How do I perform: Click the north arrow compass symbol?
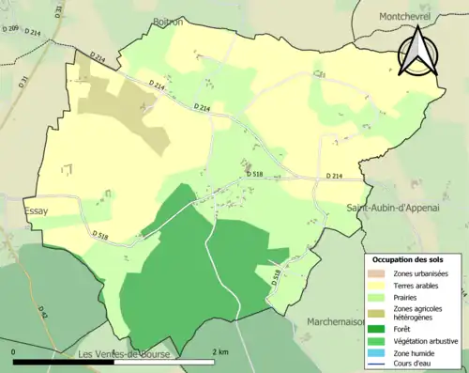pos(418,50)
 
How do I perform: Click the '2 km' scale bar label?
pos(220,351)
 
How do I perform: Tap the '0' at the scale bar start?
pos(14,351)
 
